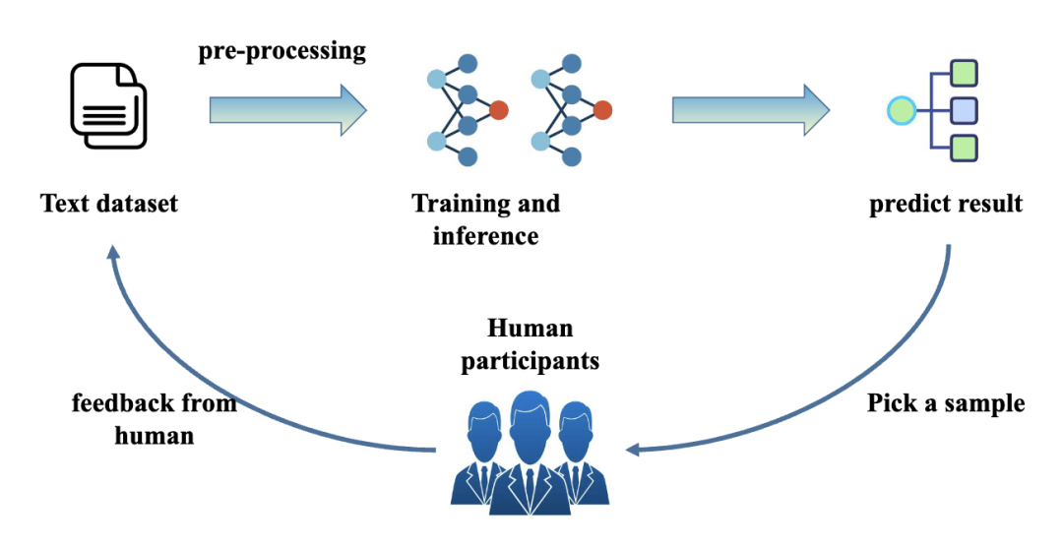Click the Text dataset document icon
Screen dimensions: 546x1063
[x=108, y=106]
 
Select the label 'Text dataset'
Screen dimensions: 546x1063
[x=109, y=204]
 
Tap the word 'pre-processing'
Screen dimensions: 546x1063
[x=282, y=51]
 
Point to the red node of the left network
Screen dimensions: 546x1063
[x=498, y=109]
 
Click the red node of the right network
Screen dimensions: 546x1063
[x=602, y=109]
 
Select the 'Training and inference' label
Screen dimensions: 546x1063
[x=486, y=218]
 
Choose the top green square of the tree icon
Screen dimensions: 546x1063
[x=964, y=73]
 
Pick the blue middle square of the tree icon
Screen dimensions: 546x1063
[x=964, y=110]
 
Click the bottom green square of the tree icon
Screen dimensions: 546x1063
[x=964, y=148]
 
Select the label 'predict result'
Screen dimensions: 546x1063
[x=946, y=204]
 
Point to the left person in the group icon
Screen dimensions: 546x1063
[x=482, y=453]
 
